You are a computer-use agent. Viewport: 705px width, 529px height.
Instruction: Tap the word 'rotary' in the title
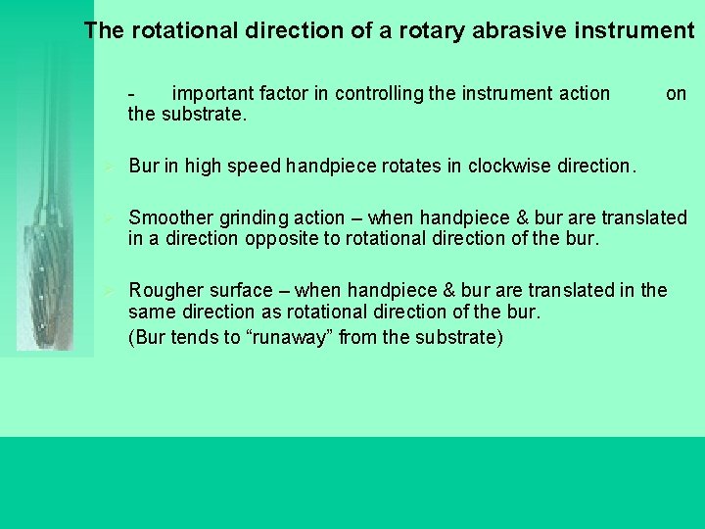pyautogui.click(x=434, y=30)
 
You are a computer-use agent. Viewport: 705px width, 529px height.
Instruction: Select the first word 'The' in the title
pyautogui.click(x=104, y=30)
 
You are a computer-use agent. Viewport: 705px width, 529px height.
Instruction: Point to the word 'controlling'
pyautogui.click(x=381, y=94)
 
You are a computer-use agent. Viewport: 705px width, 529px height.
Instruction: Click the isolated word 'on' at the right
pyautogui.click(x=676, y=94)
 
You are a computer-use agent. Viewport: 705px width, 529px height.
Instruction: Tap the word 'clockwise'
pyautogui.click(x=509, y=167)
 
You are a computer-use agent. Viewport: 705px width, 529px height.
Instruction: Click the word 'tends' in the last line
pyautogui.click(x=190, y=339)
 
